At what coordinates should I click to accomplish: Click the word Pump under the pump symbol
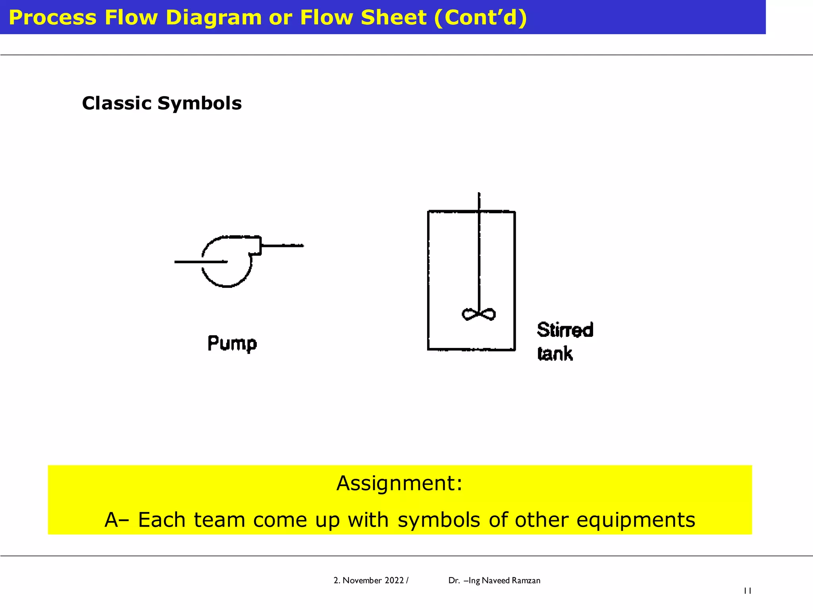click(x=232, y=343)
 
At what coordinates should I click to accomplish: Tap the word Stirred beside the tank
click(x=565, y=330)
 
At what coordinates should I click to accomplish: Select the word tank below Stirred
click(x=555, y=353)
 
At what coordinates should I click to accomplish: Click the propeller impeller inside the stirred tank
click(x=479, y=315)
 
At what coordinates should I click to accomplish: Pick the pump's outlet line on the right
click(x=283, y=246)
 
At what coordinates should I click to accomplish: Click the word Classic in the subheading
click(x=117, y=103)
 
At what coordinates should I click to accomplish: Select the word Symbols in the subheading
click(x=200, y=103)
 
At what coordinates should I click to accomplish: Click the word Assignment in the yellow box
click(x=399, y=483)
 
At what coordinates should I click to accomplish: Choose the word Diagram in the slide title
click(x=214, y=17)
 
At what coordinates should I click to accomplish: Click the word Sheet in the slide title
click(x=393, y=17)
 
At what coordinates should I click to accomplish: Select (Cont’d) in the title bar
click(x=480, y=17)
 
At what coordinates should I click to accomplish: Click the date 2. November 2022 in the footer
click(x=369, y=581)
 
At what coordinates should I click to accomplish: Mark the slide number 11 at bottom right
click(x=747, y=591)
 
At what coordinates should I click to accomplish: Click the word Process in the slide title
click(x=52, y=17)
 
